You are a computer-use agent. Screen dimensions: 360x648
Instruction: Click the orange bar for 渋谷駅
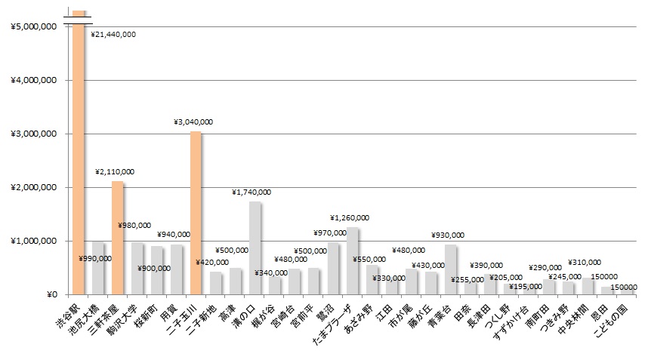[79, 158]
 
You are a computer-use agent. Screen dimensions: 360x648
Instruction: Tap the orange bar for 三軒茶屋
[117, 238]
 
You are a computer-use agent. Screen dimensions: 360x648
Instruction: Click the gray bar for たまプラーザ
[353, 260]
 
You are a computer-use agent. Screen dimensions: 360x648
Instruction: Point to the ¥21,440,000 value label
[113, 35]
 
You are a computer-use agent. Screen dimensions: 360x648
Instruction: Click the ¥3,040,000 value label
[193, 122]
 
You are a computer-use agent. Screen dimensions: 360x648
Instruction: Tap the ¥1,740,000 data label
[251, 192]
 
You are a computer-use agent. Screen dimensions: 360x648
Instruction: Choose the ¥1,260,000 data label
[350, 218]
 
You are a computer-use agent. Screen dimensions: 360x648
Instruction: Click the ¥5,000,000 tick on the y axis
[35, 26]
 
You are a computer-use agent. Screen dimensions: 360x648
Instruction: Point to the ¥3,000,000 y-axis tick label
[35, 134]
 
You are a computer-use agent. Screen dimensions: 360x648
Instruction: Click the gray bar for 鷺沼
[333, 269]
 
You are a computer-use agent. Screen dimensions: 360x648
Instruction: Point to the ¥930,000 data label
[448, 235]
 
